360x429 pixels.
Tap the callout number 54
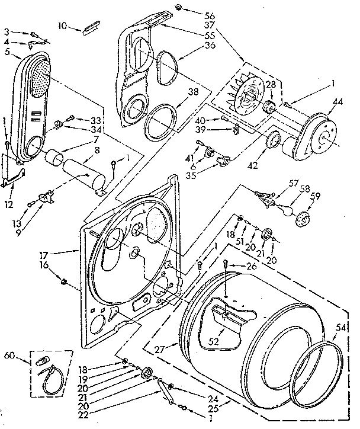pos(340,327)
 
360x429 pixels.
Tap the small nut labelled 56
pos(178,7)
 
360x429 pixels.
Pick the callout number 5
pos(8,52)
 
